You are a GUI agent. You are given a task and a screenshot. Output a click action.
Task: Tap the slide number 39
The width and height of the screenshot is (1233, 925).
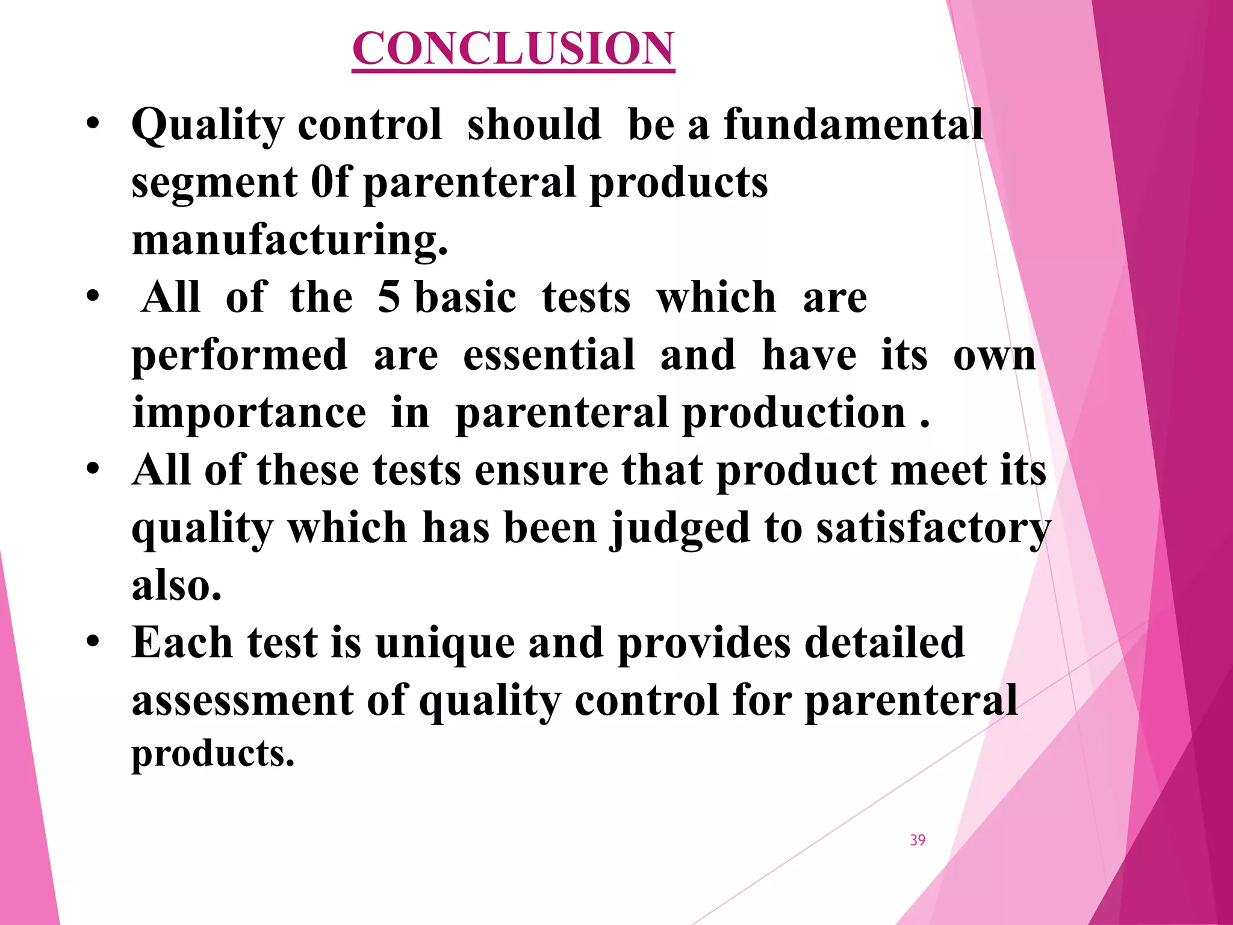point(918,840)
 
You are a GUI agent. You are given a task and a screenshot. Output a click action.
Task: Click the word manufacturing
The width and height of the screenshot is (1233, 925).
point(290,240)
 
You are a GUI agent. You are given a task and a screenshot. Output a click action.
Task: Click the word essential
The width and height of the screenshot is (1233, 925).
point(548,355)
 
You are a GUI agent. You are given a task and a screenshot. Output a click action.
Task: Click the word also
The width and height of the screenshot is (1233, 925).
point(176,585)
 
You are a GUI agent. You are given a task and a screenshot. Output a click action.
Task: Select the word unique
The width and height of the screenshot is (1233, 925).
point(445,644)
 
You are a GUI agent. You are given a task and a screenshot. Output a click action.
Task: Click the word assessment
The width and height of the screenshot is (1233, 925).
point(243,700)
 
